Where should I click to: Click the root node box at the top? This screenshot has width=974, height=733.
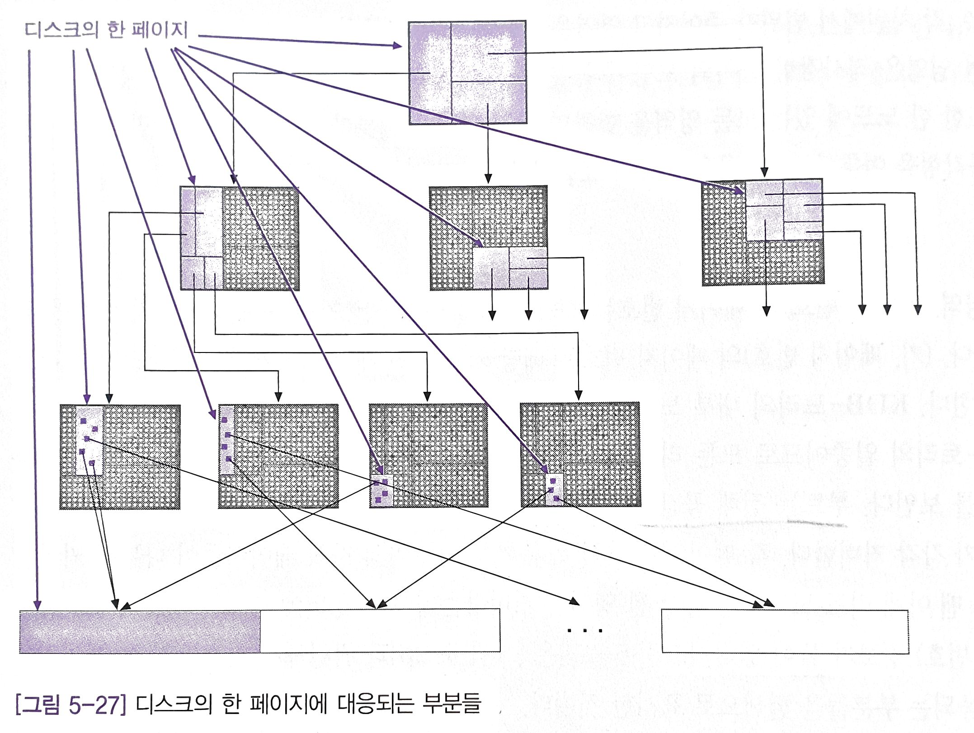click(467, 73)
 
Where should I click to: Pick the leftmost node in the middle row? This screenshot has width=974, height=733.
click(240, 238)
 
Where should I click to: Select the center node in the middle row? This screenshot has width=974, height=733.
click(488, 238)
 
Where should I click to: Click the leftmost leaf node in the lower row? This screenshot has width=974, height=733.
click(120, 457)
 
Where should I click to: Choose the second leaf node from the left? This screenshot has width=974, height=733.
click(278, 456)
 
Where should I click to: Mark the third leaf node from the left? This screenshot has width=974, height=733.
click(428, 456)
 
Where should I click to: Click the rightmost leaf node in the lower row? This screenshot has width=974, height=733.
click(580, 455)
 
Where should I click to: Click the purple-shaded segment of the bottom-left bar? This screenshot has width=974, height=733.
click(140, 631)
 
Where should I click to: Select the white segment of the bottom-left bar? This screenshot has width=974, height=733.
click(380, 631)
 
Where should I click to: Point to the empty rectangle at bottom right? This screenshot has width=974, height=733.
click(785, 631)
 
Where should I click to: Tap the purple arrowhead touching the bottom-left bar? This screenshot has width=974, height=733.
click(38, 605)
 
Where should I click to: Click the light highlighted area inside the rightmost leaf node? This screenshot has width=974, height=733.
click(555, 489)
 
